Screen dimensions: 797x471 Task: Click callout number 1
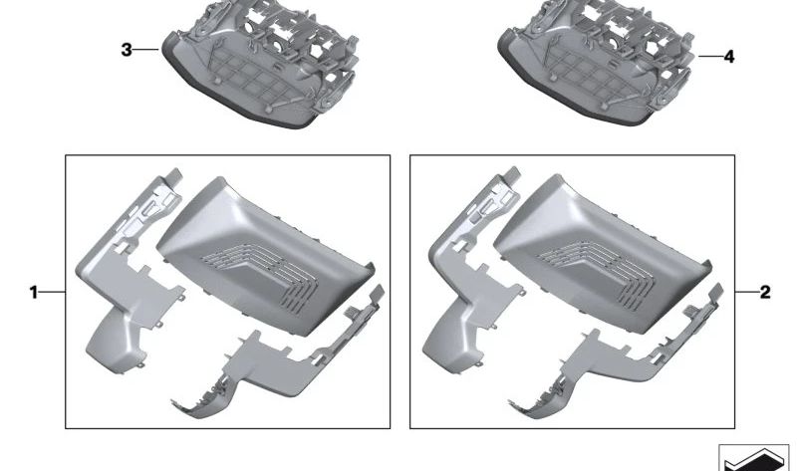click(x=34, y=292)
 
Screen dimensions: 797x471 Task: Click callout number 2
click(x=765, y=292)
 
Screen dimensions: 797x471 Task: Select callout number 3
click(x=127, y=50)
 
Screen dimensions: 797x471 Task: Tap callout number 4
click(x=729, y=57)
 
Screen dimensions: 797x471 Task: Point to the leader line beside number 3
click(x=146, y=49)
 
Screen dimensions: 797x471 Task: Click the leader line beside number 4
click(x=710, y=56)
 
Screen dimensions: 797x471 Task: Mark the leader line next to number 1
click(x=53, y=292)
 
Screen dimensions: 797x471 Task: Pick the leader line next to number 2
click(x=746, y=292)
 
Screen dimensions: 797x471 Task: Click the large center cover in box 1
click(x=264, y=254)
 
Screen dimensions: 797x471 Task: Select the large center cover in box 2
click(x=603, y=253)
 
